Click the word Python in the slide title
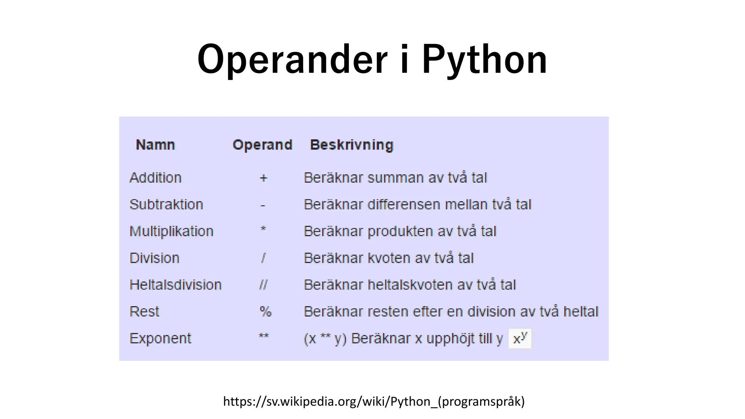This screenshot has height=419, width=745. (484, 60)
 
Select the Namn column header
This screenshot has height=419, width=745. (155, 145)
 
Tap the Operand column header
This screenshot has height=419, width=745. (262, 145)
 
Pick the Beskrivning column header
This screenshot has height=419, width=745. (351, 145)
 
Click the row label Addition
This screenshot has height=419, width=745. (155, 178)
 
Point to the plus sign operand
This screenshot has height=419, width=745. (263, 178)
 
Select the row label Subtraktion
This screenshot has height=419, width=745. (166, 204)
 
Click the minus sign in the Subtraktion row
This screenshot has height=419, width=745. (263, 206)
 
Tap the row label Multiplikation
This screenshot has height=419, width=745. (171, 231)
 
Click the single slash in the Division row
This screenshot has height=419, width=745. (263, 258)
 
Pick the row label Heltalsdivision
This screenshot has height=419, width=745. (175, 285)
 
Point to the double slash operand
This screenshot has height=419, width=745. (263, 285)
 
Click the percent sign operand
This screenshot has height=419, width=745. (265, 312)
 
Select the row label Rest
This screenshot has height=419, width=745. (144, 312)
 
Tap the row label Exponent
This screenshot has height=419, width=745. (160, 339)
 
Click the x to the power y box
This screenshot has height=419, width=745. (519, 339)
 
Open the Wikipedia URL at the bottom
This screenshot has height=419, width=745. (374, 402)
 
